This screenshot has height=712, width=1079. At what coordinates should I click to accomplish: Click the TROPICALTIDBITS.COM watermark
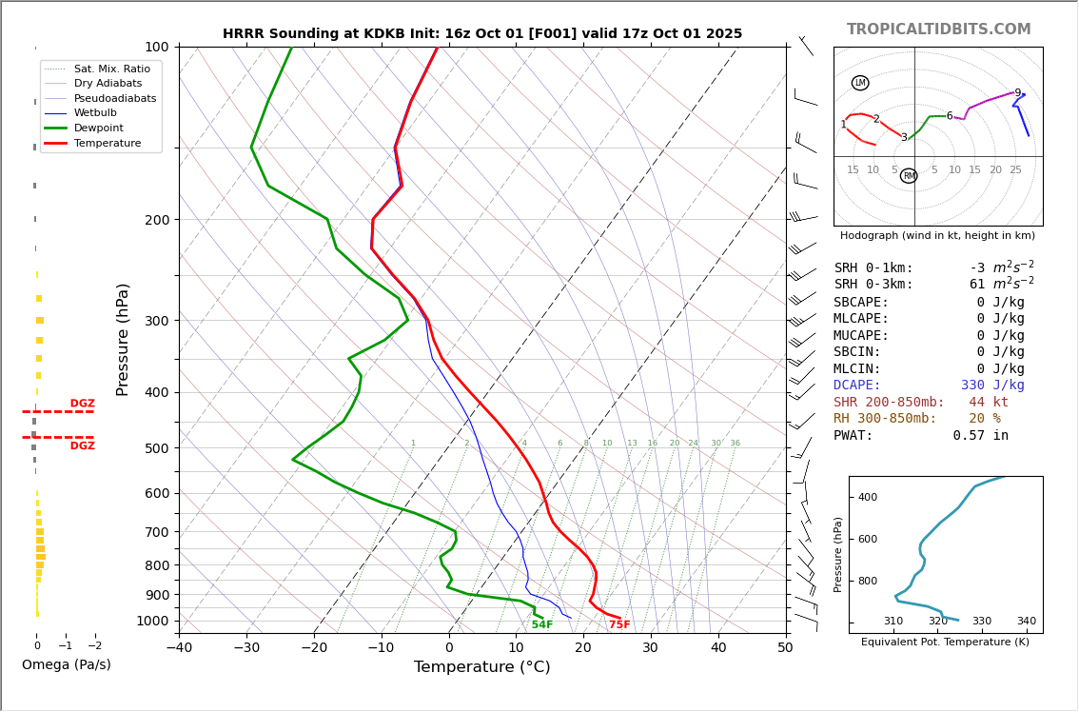(938, 30)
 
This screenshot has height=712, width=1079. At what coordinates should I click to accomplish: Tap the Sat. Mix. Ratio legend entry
(111, 69)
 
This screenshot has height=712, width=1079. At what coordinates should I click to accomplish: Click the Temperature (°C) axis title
(481, 667)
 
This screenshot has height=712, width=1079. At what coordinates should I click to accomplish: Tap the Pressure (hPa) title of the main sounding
(123, 339)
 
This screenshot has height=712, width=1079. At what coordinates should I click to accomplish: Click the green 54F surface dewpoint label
(541, 625)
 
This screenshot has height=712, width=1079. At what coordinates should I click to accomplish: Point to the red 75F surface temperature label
(619, 625)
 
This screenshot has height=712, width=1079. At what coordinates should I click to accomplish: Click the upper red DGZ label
(82, 404)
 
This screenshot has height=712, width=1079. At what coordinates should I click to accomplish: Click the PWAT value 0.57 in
(980, 436)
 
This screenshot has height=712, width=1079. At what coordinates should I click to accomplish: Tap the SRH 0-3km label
(873, 285)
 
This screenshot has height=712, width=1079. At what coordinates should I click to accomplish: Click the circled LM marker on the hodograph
(860, 83)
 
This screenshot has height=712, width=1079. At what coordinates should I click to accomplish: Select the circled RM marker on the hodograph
(909, 176)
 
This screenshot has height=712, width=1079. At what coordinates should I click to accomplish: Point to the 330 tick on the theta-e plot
(981, 621)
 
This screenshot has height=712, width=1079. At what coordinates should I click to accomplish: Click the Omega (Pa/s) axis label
(67, 664)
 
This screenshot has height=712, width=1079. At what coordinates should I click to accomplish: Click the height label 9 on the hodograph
(1017, 93)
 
